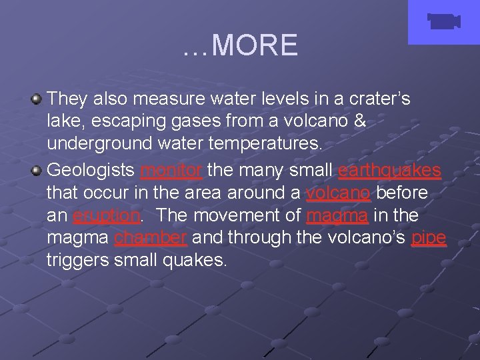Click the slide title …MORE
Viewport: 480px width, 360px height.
[x=240, y=45]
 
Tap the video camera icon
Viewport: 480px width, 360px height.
[x=443, y=22]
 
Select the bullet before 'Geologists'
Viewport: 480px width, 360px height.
[x=37, y=170]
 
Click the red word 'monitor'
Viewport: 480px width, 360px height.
[x=171, y=170]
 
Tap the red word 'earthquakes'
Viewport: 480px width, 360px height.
[x=389, y=170]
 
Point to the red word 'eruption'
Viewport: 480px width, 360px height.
[x=107, y=216]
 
